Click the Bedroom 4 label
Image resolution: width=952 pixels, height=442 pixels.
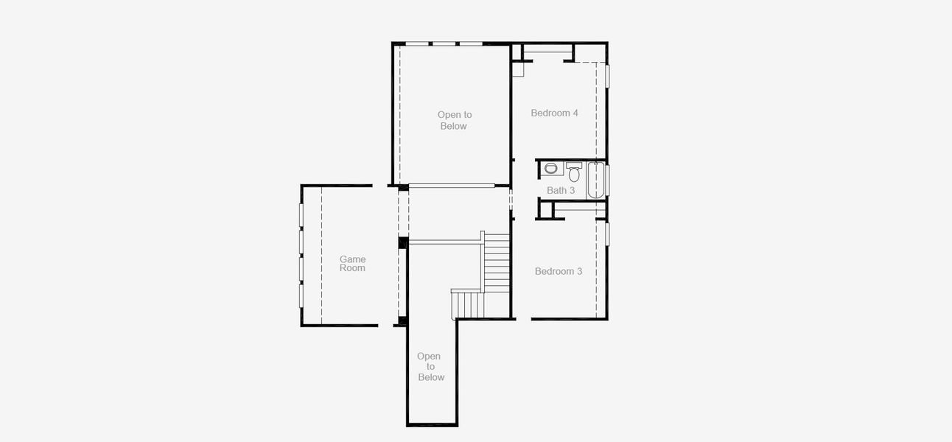554,113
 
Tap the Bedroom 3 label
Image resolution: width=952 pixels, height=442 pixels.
558,271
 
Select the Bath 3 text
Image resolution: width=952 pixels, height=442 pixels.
561,190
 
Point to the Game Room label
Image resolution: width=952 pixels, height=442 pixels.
352,264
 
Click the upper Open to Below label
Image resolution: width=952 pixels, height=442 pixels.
454,120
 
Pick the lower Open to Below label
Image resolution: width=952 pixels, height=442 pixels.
430,367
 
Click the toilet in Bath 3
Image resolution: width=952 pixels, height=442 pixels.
574,173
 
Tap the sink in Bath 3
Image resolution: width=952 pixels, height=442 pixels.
550,169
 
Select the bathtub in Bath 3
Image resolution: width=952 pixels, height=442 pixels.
595,180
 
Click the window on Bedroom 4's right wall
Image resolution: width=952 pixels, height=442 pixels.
608,77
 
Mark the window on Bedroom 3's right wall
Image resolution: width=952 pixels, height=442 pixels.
608,234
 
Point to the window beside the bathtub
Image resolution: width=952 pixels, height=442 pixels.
608,180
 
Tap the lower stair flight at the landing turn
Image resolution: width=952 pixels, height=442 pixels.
466,304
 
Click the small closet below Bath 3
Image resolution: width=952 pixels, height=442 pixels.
545,209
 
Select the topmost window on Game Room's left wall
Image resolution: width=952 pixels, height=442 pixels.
301,214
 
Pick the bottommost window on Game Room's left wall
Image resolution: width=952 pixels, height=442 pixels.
301,295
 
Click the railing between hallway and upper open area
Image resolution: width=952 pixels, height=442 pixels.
452,185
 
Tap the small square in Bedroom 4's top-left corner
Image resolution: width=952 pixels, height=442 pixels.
517,69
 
